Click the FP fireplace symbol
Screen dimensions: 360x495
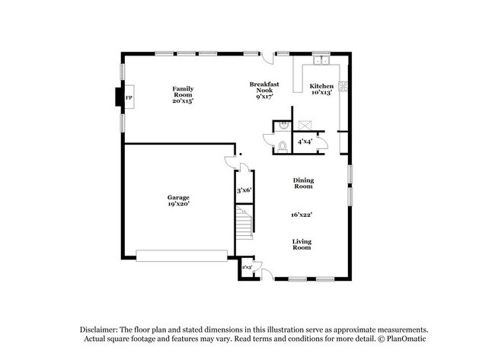128,99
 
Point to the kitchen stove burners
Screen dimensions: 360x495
343,86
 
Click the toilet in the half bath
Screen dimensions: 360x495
282,146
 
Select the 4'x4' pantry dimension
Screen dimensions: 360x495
305,141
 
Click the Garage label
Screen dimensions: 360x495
179,198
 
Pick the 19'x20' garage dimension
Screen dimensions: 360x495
179,204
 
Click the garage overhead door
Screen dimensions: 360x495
182,255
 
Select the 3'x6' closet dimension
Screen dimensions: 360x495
244,190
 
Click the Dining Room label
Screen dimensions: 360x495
303,183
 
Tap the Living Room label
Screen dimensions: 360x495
302,244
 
